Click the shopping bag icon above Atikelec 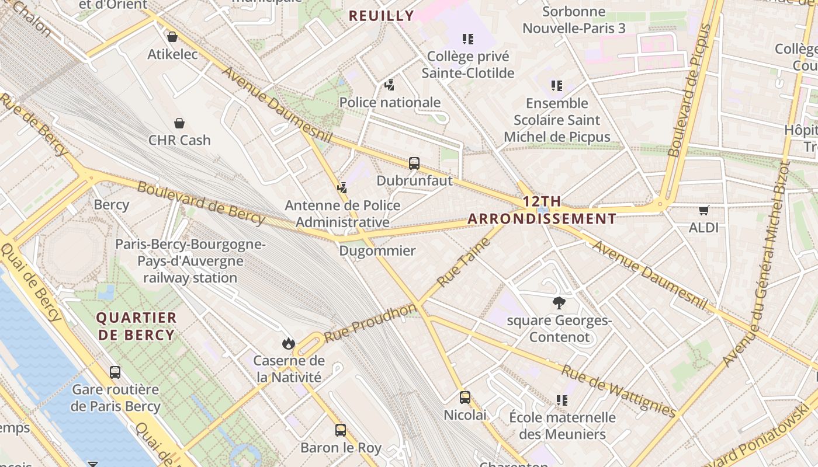pos(172,37)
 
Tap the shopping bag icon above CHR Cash pos(179,123)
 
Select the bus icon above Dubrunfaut pos(414,163)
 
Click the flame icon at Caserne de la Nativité pos(288,343)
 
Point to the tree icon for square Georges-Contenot pos(559,302)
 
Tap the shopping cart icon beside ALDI pos(704,210)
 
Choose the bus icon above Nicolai pos(465,398)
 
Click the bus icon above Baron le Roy pos(341,430)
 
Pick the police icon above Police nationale pos(390,85)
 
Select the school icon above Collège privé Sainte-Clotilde pos(467,39)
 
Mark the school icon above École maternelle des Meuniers pos(562,400)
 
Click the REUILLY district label pos(382,16)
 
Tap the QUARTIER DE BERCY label pos(136,326)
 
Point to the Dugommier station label pos(377,251)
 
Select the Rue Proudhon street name pos(370,323)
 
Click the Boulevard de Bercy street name pos(201,203)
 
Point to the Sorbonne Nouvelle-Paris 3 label pos(574,20)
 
